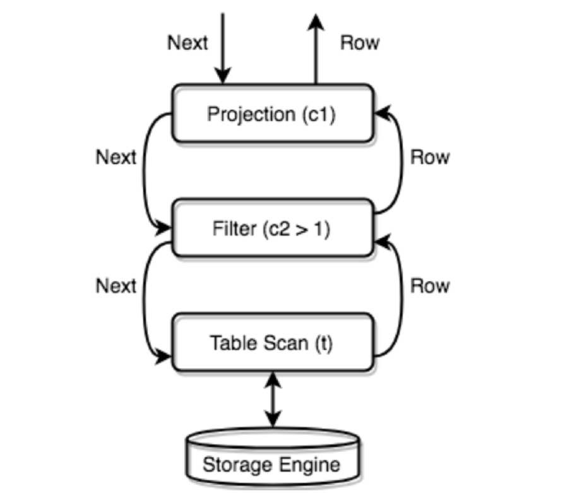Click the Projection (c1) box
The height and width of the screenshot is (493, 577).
tap(272, 114)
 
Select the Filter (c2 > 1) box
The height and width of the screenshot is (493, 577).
tap(272, 228)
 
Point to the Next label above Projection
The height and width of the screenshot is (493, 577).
tap(187, 43)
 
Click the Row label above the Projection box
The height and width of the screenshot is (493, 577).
tap(360, 43)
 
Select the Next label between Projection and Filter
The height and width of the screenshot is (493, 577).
tap(116, 157)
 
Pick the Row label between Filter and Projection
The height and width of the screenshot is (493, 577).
tap(430, 157)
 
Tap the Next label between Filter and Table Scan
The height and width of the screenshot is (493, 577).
tap(116, 285)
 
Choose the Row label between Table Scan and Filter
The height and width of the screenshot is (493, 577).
tap(430, 285)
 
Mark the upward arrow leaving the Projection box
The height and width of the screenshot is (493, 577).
tap(316, 50)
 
